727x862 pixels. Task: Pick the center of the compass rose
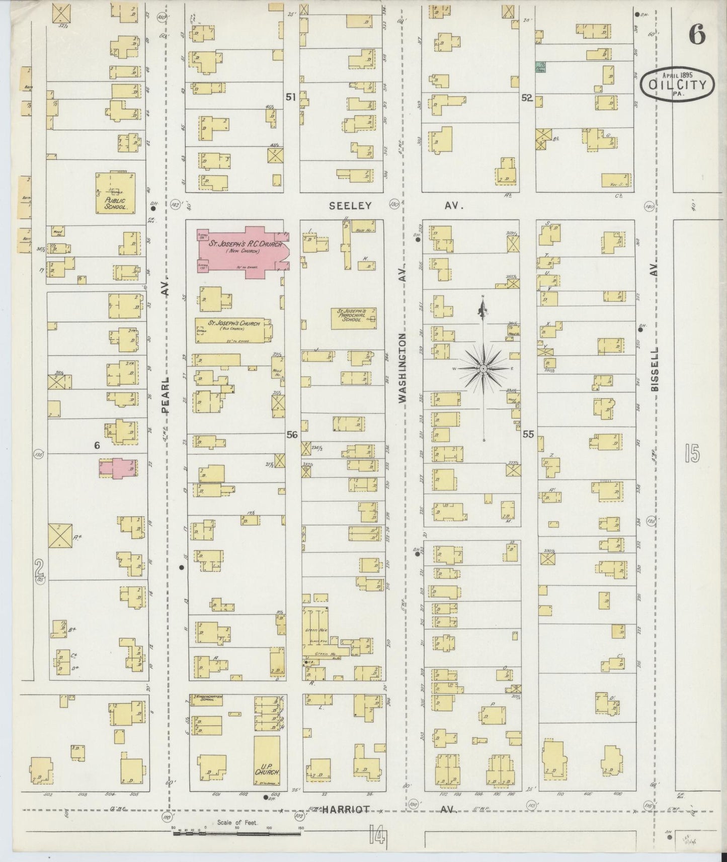483,369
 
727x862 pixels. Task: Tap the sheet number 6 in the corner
697,34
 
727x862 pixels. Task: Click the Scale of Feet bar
236,833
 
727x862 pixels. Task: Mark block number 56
292,435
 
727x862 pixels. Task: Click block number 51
290,98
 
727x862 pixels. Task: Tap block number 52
526,98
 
